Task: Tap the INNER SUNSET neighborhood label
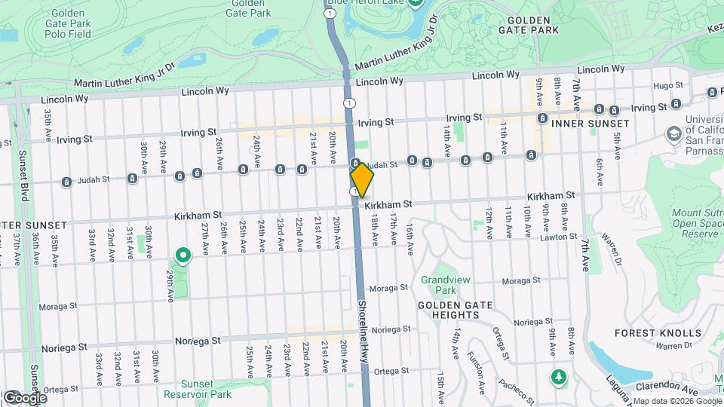coord(590,123)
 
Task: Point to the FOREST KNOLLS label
coord(658,333)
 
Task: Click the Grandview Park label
coord(445,285)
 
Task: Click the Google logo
coord(24,397)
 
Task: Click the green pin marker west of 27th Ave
coord(183,256)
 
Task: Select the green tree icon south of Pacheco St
coord(558,376)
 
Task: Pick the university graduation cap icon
coord(673,134)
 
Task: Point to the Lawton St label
coord(560,238)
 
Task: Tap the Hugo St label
coord(668,86)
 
